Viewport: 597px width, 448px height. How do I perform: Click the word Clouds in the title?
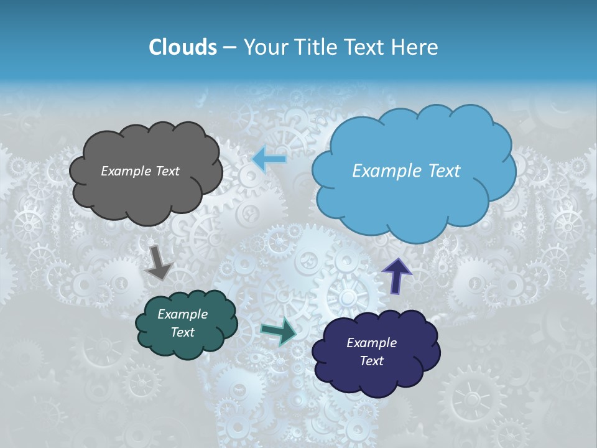[182, 47]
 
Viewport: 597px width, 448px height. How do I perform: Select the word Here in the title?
[415, 47]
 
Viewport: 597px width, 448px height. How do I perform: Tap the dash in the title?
[229, 48]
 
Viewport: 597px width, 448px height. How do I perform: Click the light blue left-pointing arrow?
[269, 159]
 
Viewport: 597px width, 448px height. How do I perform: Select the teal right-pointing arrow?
[279, 331]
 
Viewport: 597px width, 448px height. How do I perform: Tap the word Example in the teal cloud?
[182, 314]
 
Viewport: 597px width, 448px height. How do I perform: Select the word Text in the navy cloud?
[371, 361]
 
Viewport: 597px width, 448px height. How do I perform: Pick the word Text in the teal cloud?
[182, 332]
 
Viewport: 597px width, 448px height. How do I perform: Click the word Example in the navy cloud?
[371, 343]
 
